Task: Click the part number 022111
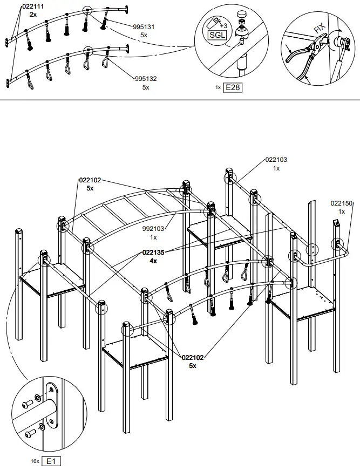coord(33,6)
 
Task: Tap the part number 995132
coord(146,79)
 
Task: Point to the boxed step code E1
coord(52,461)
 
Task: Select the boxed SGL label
coord(218,35)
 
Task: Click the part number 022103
coord(276,160)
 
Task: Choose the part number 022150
coord(341,203)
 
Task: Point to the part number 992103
coord(153,229)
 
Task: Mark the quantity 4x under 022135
coord(153,261)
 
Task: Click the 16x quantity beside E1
coord(35,462)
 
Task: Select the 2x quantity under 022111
coord(33,15)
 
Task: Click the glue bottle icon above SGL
coord(214,22)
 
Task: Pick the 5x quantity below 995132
coord(146,87)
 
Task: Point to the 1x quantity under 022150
coord(341,211)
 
